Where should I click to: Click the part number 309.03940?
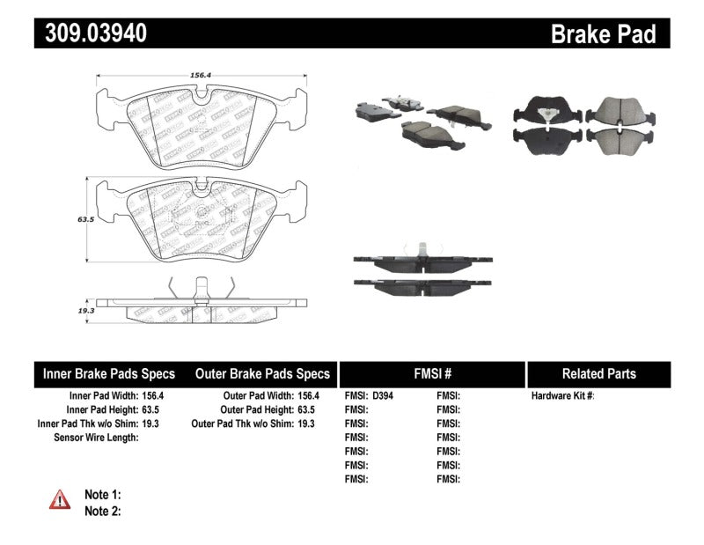click(92, 33)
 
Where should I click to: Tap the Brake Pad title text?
click(603, 34)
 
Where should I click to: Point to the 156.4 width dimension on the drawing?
click(201, 76)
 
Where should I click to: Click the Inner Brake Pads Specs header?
click(109, 373)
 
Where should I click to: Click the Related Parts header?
click(598, 373)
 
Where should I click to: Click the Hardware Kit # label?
click(563, 396)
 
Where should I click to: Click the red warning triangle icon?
click(60, 499)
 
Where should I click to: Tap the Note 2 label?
click(102, 511)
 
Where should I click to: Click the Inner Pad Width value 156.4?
click(152, 396)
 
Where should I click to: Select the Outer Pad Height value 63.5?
click(305, 410)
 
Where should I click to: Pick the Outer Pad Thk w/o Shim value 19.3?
click(305, 423)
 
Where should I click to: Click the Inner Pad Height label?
click(101, 410)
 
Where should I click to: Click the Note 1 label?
click(102, 495)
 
